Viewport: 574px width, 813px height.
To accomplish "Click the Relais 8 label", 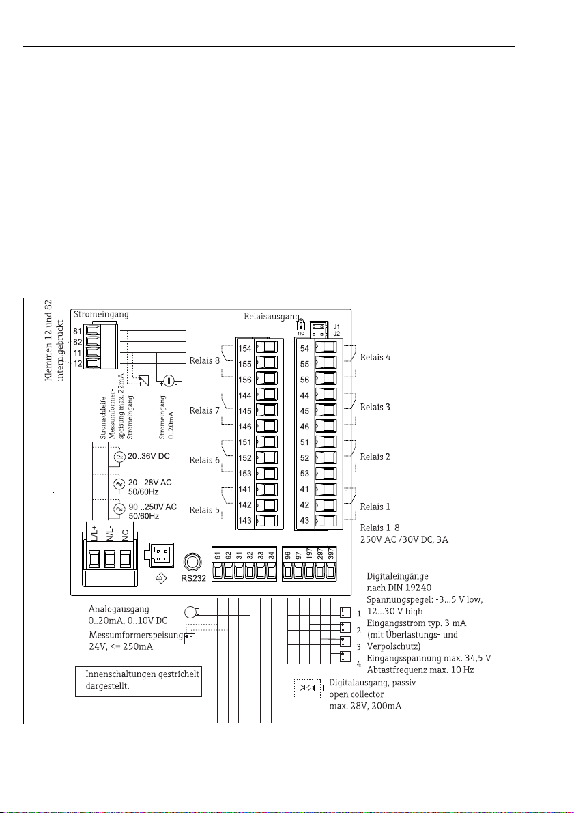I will (205, 358).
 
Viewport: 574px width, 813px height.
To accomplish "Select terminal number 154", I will (245, 348).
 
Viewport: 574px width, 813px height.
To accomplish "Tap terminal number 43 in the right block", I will (305, 521).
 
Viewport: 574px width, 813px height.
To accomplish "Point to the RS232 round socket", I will (193, 562).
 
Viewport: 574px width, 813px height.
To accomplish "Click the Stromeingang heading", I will (100, 315).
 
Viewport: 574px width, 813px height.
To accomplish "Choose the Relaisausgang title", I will (270, 317).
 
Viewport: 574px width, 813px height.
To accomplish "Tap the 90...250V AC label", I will (152, 507).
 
